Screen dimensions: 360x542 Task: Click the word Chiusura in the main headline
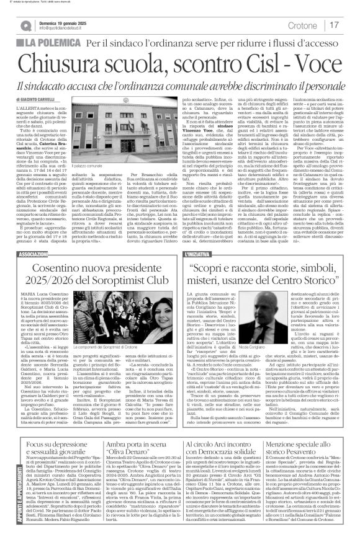click(x=68, y=63)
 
